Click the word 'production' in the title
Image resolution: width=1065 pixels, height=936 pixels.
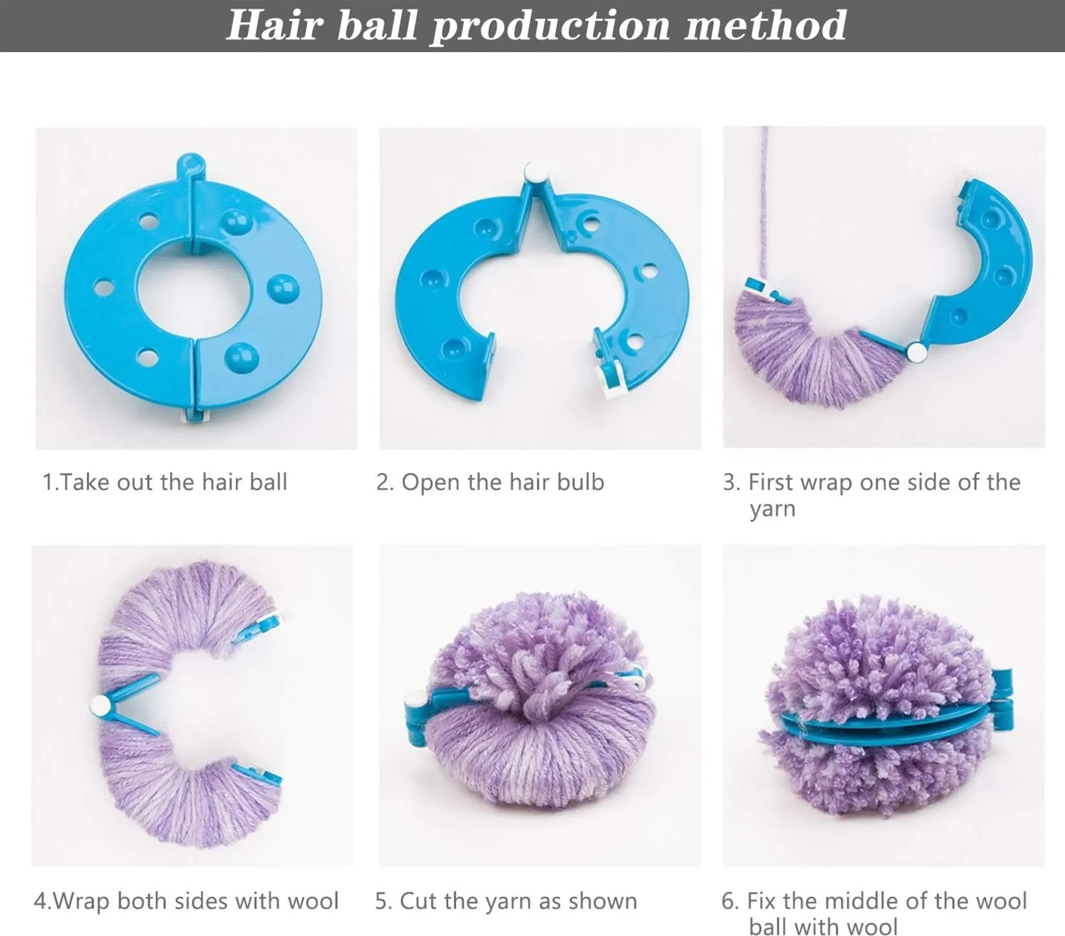pyautogui.click(x=550, y=27)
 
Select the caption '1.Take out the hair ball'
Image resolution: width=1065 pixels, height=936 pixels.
pyautogui.click(x=165, y=482)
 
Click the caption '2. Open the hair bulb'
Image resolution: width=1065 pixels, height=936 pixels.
pyautogui.click(x=490, y=482)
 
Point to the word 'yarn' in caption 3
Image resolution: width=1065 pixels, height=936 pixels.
pyautogui.click(x=773, y=509)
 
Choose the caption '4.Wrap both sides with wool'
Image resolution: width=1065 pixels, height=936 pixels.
pyautogui.click(x=186, y=901)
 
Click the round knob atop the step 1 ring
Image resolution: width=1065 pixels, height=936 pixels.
pyautogui.click(x=191, y=164)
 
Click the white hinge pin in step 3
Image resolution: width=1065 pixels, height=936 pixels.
pyautogui.click(x=917, y=353)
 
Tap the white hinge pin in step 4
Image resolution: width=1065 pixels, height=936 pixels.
pyautogui.click(x=99, y=706)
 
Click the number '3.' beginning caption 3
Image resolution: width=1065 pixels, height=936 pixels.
pyautogui.click(x=731, y=483)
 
